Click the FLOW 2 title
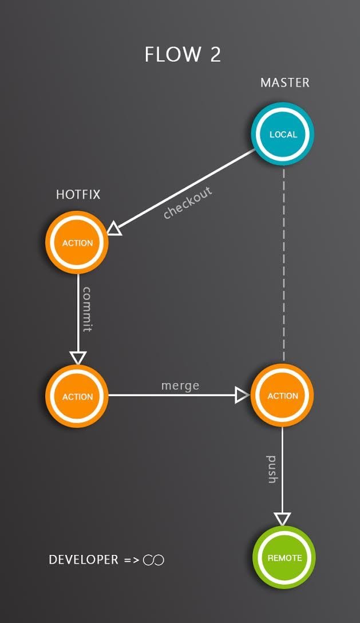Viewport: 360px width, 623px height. coord(183,54)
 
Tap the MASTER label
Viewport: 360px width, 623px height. coord(284,82)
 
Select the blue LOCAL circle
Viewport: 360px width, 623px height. coord(283,135)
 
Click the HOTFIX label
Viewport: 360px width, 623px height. coord(78,195)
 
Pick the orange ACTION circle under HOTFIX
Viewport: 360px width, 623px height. coord(77,243)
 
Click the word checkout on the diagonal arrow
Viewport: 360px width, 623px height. coord(187,203)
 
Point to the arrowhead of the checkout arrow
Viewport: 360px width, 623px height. coord(114,229)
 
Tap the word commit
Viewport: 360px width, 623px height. coord(88,309)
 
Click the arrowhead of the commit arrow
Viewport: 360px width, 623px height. coord(78,358)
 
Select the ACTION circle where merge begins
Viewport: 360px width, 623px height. coord(77,396)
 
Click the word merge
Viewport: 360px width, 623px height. coord(180,385)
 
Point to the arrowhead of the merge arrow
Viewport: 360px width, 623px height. coord(242,395)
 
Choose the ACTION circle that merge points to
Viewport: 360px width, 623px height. coord(283,396)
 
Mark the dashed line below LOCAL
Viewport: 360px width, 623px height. coord(283,263)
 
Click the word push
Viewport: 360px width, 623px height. coord(272,470)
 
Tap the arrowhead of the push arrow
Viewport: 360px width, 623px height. coord(283,518)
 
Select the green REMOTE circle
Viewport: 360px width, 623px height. coord(284,558)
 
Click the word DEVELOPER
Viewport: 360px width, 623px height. coord(84,559)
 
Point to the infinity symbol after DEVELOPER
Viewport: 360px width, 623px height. coord(153,560)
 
